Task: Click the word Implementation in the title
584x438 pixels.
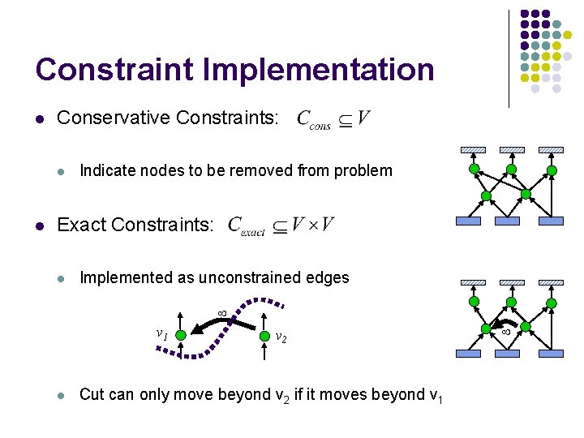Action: coord(318,71)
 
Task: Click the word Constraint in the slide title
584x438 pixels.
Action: coord(114,70)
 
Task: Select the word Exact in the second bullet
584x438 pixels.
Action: coord(79,225)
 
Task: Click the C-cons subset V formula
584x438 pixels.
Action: coord(333,120)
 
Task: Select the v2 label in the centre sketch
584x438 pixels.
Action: coord(281,337)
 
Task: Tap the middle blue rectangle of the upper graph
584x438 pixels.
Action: coord(507,221)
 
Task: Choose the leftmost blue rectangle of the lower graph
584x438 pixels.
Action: coord(469,353)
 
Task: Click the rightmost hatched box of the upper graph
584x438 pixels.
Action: coord(551,150)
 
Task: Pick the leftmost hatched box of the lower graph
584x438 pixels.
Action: coord(472,283)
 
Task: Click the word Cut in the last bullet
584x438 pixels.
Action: coord(92,395)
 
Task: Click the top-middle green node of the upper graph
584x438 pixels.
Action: coord(511,169)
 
